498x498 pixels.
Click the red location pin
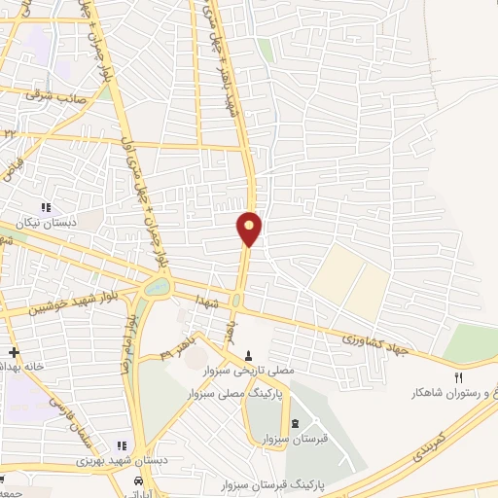[x=249, y=228]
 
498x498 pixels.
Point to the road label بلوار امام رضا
[x=126, y=345]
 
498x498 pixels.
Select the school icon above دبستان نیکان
[x=45, y=206]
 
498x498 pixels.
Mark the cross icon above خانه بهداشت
[x=14, y=351]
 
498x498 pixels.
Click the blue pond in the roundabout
[x=156, y=287]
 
